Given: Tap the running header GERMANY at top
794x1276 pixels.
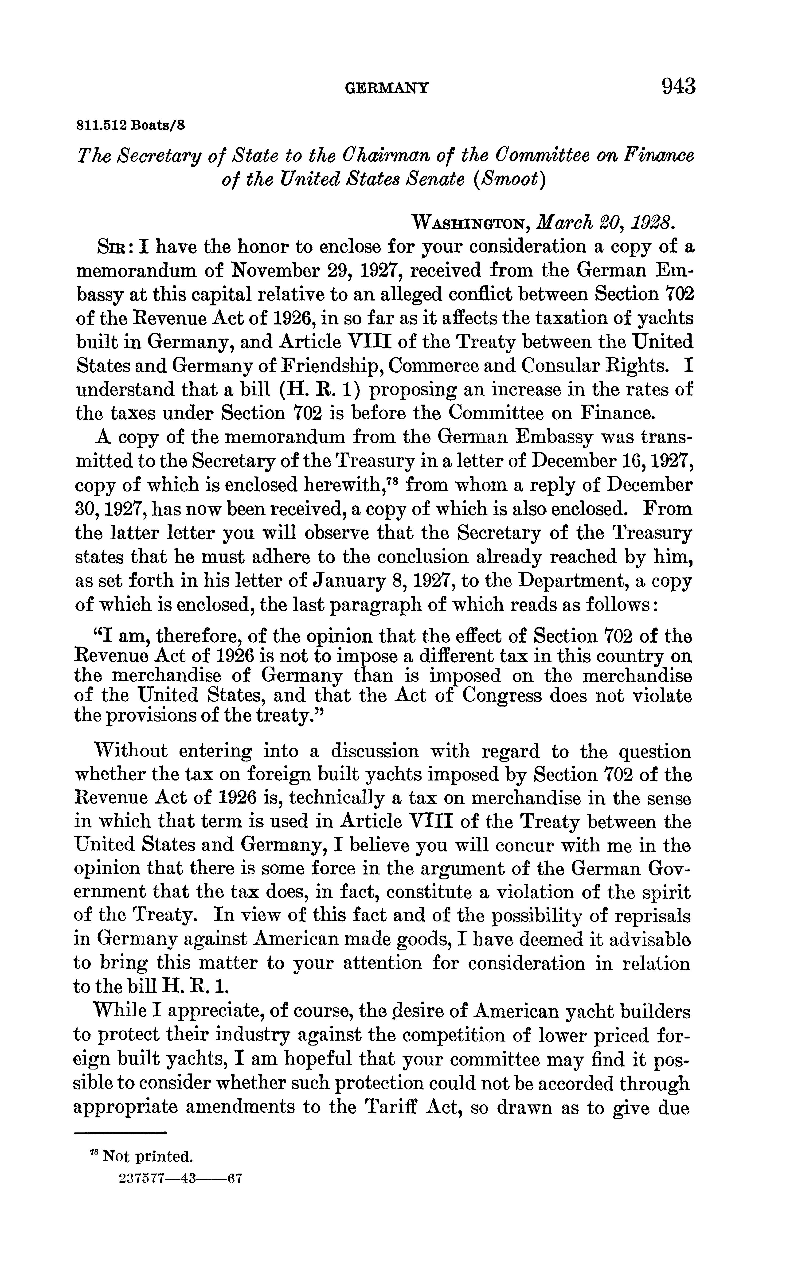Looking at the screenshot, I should tap(387, 88).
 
